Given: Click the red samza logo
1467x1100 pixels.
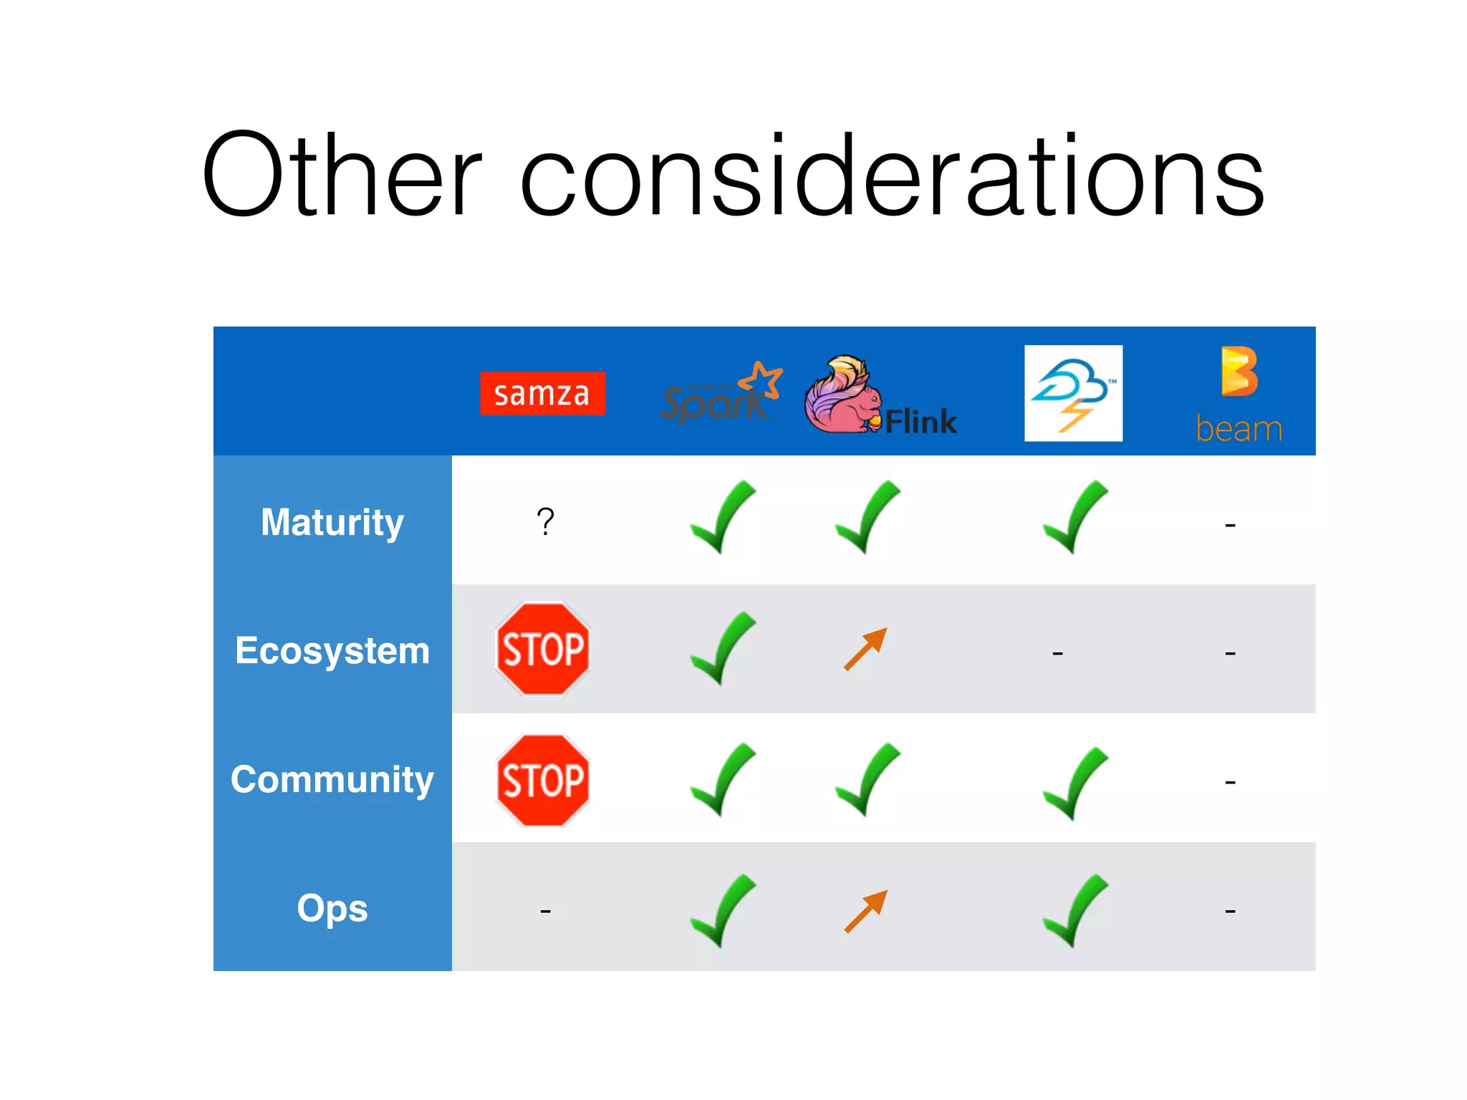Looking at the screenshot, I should click(x=542, y=393).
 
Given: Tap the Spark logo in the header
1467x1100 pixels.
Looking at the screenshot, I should click(x=720, y=393).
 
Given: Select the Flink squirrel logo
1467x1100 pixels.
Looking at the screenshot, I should click(x=880, y=396).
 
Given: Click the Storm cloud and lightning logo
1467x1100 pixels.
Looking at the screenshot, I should click(x=1073, y=393).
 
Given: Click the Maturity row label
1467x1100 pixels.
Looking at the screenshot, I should click(x=332, y=521).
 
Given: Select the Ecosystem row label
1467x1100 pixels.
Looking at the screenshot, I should click(x=332, y=650).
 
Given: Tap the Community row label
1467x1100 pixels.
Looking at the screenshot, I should click(x=332, y=779).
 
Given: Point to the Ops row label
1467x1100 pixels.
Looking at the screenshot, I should click(x=332, y=908).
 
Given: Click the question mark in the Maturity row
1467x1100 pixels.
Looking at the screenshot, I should click(x=545, y=521).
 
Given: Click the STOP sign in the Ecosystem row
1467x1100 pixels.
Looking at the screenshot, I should click(x=543, y=649).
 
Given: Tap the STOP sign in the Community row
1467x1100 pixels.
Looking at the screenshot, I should click(x=543, y=780).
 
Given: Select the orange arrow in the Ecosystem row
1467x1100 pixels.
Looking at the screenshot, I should click(x=865, y=649).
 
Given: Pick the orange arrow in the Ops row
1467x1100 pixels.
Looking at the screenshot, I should click(x=865, y=911).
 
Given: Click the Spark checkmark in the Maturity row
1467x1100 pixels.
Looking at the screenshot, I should click(x=722, y=517).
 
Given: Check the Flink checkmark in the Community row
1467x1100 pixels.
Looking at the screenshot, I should click(x=867, y=779).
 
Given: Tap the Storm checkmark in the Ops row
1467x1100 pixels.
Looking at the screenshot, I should click(x=1074, y=910).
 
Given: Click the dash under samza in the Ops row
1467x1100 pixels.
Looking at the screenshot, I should click(x=545, y=911).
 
